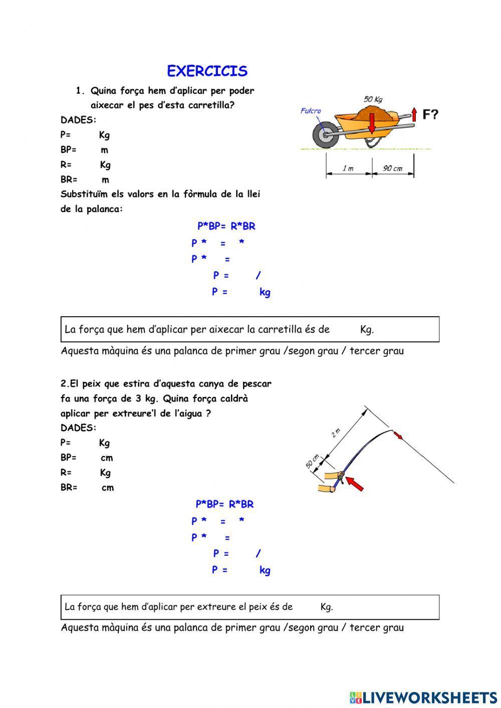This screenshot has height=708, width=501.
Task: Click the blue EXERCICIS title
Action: (207, 71)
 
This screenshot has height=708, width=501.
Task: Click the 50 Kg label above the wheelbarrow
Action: (373, 99)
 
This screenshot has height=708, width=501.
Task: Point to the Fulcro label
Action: (311, 111)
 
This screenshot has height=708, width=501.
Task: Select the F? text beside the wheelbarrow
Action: (430, 115)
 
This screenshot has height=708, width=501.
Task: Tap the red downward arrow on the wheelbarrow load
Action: (371, 123)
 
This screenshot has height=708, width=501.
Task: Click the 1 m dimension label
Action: (348, 168)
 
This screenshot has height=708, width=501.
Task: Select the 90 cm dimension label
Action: (393, 168)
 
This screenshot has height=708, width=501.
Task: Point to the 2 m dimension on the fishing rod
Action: (336, 432)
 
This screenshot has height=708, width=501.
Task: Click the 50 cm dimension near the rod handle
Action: (313, 461)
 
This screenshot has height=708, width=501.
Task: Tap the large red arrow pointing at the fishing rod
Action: (355, 484)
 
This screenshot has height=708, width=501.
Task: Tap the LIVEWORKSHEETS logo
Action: (423, 697)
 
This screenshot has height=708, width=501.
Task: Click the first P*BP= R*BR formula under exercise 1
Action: (226, 226)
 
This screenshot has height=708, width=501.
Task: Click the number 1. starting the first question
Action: (81, 91)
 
